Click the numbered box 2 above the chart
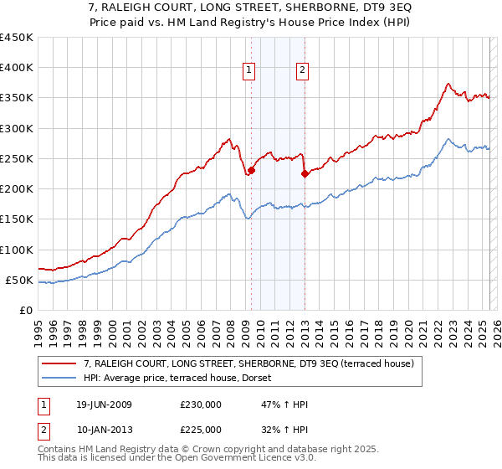(x=302, y=71)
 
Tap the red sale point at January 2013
(x=304, y=174)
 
